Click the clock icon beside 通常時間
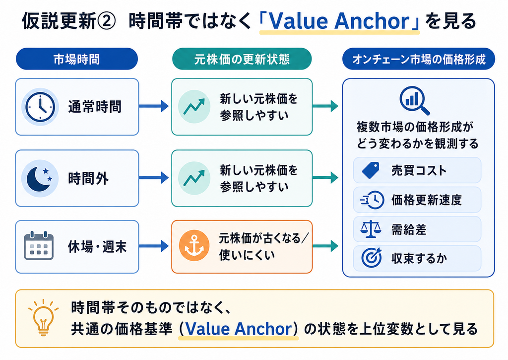(40, 107)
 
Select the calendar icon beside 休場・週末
(39, 245)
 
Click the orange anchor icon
(194, 245)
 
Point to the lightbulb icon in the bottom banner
(44, 317)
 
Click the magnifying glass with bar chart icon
(414, 100)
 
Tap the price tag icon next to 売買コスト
(371, 170)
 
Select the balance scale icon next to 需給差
(370, 229)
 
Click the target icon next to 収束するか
(371, 258)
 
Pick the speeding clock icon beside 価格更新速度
(372, 200)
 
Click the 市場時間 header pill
(77, 59)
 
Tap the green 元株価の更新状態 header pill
(242, 59)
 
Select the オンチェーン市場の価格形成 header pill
(419, 59)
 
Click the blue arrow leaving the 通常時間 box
(154, 106)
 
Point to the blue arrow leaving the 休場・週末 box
(154, 246)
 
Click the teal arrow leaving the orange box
(325, 246)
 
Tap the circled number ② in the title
(106, 21)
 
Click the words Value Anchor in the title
(339, 21)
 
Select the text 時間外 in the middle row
(88, 178)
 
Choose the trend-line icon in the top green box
(194, 106)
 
